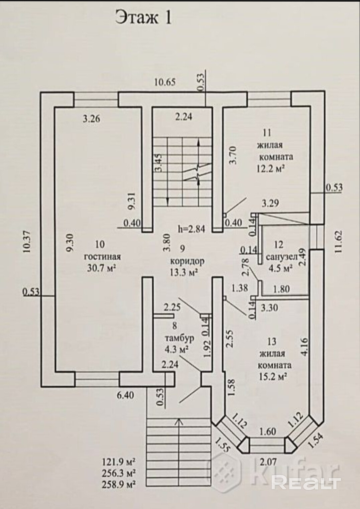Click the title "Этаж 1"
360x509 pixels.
pyautogui.click(x=143, y=18)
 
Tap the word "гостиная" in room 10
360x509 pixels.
pyautogui.click(x=103, y=257)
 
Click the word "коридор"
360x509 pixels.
pyautogui.click(x=187, y=261)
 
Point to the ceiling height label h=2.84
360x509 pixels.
pyautogui.click(x=191, y=229)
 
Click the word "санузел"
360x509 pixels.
pyautogui.click(x=281, y=257)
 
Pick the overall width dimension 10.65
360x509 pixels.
pyautogui.click(x=165, y=82)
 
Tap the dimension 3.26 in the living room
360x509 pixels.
pyautogui.click(x=91, y=119)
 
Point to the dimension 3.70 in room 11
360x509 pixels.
pyautogui.click(x=233, y=155)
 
